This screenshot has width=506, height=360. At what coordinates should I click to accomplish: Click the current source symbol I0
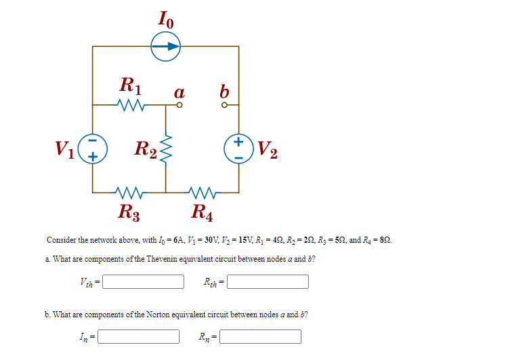tap(165, 47)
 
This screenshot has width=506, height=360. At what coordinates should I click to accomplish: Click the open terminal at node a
tap(180, 106)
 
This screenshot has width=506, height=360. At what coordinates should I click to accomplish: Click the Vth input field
tap(143, 281)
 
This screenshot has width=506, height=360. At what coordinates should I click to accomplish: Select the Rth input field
tap(268, 281)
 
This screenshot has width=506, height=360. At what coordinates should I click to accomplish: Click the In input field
tap(139, 336)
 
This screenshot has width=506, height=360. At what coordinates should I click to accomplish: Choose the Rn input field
tap(260, 336)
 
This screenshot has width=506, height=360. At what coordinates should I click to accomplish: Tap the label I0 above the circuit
tap(166, 19)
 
